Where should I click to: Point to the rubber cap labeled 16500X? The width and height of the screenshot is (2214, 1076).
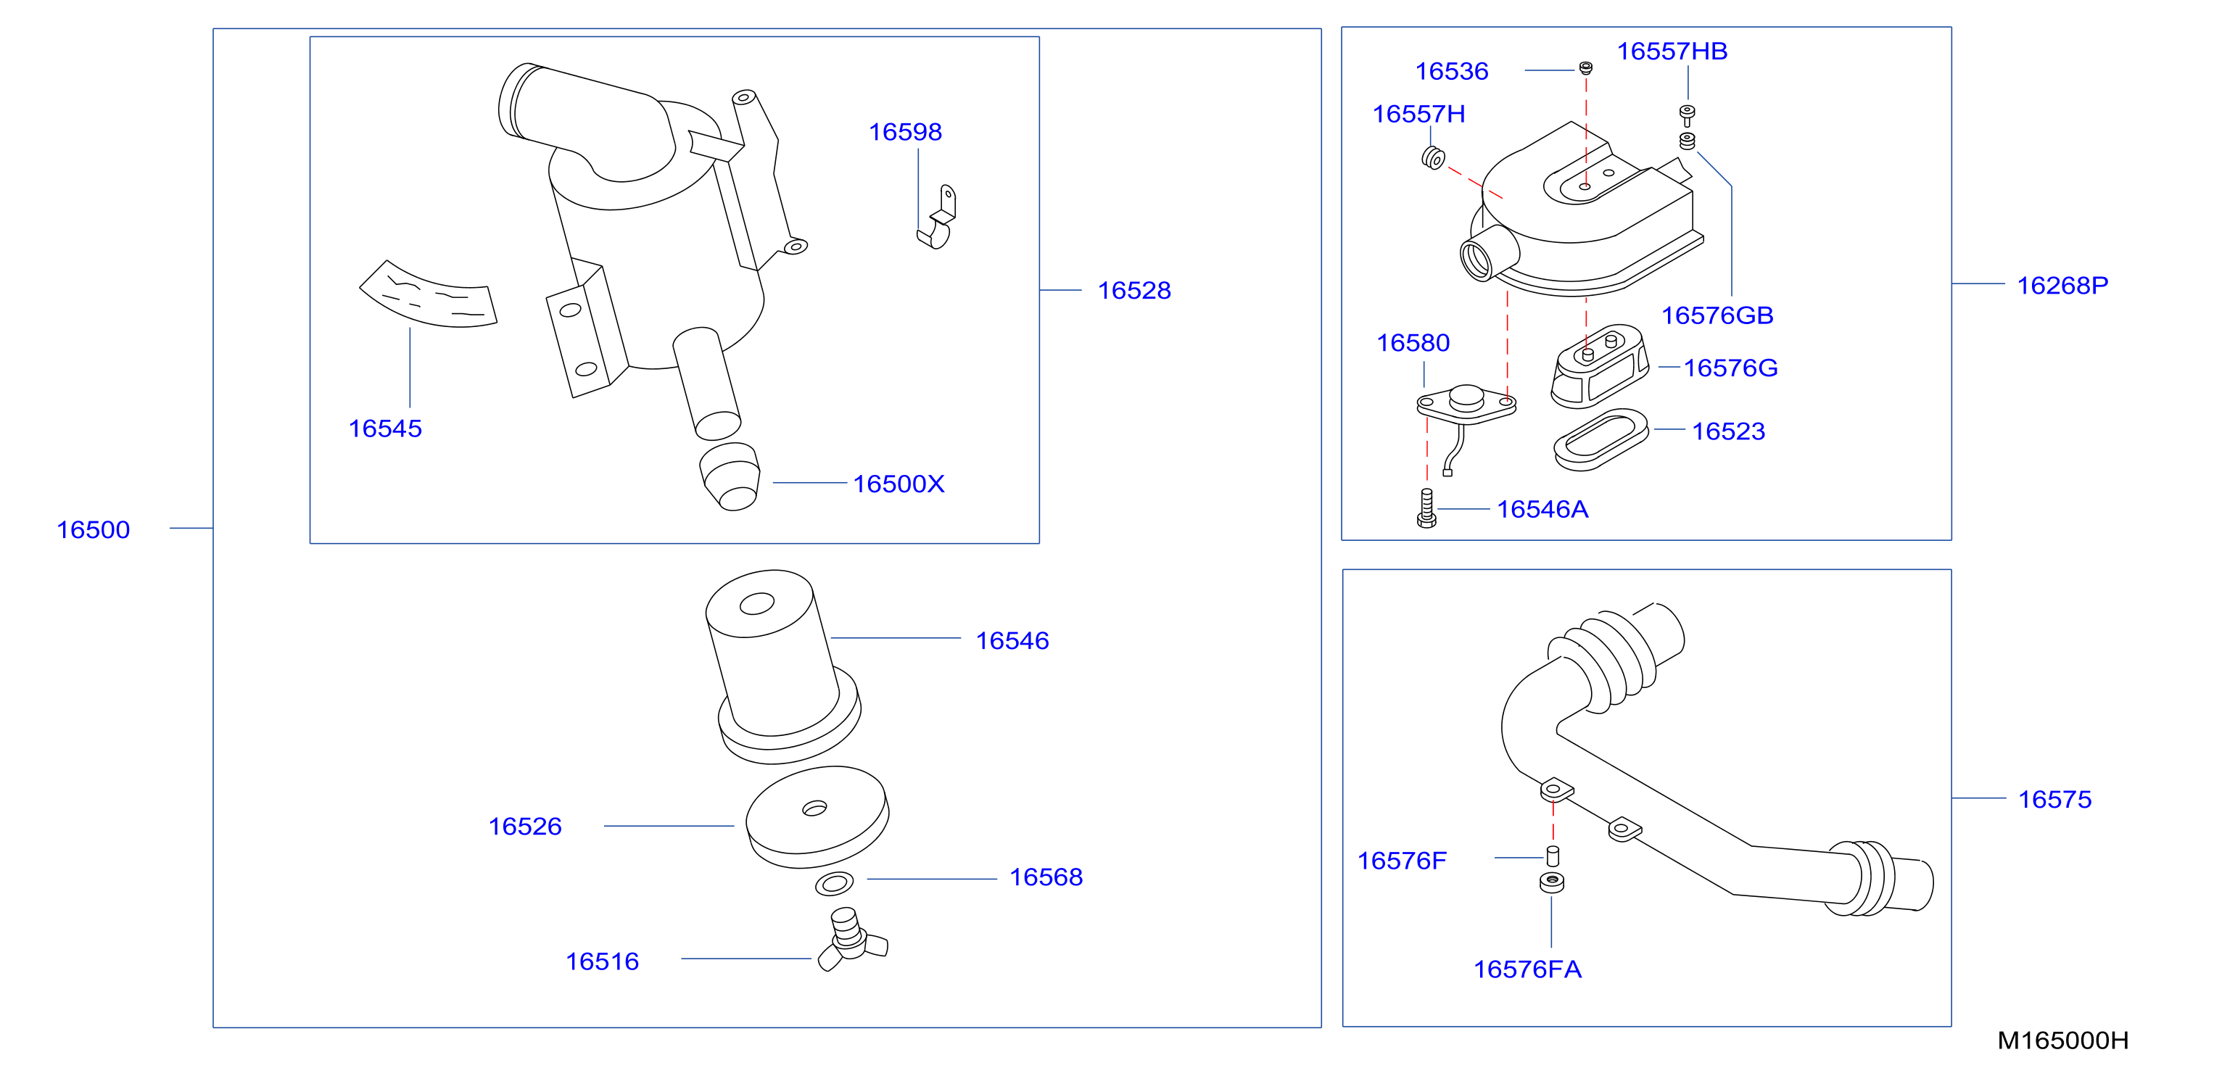[730, 477]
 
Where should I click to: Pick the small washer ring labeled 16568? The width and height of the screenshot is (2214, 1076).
[835, 882]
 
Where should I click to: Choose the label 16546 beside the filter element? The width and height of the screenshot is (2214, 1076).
[1012, 640]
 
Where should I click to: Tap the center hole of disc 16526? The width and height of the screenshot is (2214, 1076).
[814, 808]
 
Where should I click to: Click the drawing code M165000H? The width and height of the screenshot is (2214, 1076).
[2062, 1040]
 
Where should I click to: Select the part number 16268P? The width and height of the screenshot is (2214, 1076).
[2062, 286]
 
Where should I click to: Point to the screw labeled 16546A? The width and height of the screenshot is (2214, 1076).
[1426, 508]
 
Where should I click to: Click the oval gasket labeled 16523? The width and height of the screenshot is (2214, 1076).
[1601, 439]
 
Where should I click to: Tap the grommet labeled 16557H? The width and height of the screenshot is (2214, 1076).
[1433, 158]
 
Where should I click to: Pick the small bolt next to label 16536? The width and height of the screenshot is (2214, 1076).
[1586, 68]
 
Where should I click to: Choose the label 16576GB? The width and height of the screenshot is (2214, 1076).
[1717, 315]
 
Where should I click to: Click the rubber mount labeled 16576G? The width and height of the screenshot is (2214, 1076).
[1600, 366]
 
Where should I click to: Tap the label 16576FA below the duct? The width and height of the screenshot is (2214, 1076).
[1527, 969]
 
